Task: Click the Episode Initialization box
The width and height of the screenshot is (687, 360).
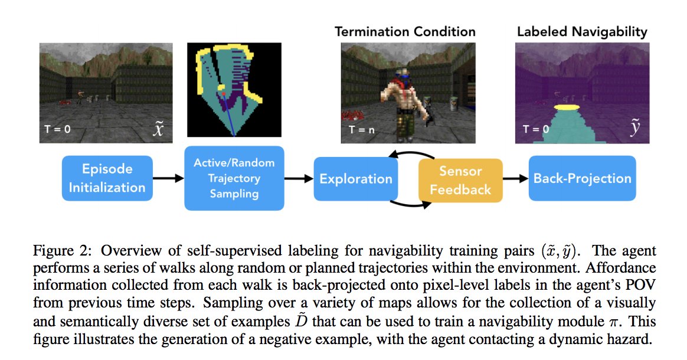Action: (107, 178)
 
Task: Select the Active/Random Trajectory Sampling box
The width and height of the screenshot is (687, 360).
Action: (234, 178)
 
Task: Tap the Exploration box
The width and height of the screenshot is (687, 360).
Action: (356, 179)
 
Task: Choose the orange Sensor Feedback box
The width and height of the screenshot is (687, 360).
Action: (460, 180)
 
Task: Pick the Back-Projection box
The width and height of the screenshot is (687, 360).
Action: (582, 178)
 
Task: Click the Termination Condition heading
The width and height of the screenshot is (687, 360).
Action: (405, 31)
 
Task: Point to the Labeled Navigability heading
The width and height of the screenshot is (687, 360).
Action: (582, 31)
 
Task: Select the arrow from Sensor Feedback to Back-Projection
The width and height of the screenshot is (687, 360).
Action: (515, 179)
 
